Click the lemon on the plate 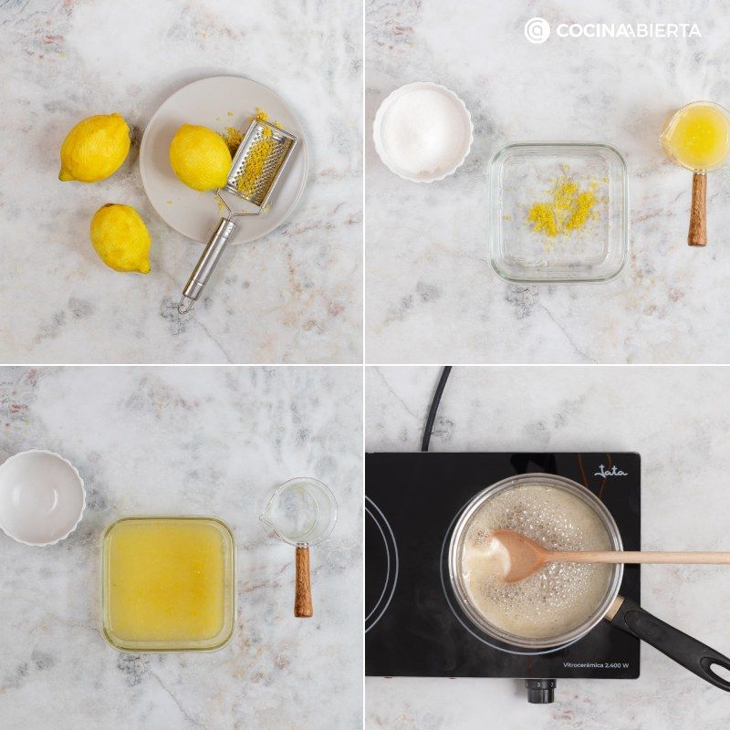click(200, 157)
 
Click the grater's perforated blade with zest click(261, 162)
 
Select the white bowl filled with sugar click(422, 131)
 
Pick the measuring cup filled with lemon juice click(696, 137)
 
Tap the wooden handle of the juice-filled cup click(697, 209)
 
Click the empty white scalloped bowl click(41, 497)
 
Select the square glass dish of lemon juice click(168, 584)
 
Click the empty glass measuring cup click(298, 512)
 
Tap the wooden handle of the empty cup click(303, 581)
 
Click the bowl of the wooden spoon click(518, 556)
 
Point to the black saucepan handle click(673, 638)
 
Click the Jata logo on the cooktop click(610, 472)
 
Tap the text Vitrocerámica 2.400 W click(596, 665)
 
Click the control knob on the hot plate click(540, 691)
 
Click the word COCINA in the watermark click(588, 31)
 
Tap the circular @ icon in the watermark click(537, 30)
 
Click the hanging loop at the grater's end click(186, 305)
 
